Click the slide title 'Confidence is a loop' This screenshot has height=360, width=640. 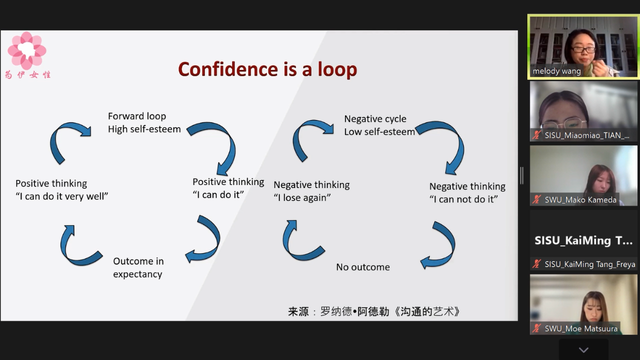pos(267,69)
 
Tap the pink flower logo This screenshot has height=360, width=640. pos(27,50)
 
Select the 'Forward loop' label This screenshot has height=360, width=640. pos(137,116)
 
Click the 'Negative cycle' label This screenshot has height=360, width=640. pos(375,119)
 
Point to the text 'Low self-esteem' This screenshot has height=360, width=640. pos(379,131)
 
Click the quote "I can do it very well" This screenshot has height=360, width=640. pos(61,196)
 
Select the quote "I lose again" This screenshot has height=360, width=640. pos(302,197)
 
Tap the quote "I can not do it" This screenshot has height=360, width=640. pos(463,199)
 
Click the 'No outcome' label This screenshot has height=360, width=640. pos(363,267)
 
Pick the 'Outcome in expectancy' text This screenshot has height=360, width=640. pos(138,267)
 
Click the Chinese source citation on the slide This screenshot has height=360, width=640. pos(373,311)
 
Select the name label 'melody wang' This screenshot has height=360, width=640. pos(556,71)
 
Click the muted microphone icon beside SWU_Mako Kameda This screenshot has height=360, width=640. pos(536,199)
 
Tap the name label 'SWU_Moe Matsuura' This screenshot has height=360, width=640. pos(581,328)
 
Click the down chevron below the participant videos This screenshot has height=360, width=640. pos(583,349)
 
